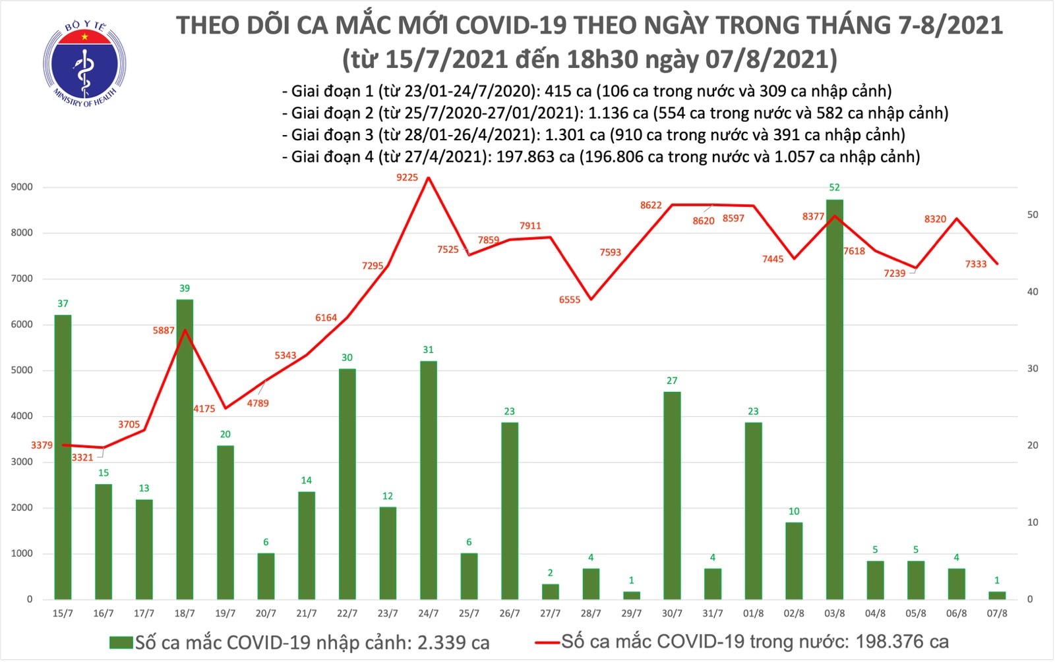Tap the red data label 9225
(407, 177)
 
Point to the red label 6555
(570, 300)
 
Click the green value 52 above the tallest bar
(834, 188)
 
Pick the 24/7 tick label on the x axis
(428, 613)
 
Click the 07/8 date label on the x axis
(996, 613)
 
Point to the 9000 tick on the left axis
(22, 187)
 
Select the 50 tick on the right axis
(1033, 215)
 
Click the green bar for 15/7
(63, 457)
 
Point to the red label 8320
(935, 219)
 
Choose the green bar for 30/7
(672, 495)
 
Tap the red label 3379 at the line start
(42, 445)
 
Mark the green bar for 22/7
(347, 484)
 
